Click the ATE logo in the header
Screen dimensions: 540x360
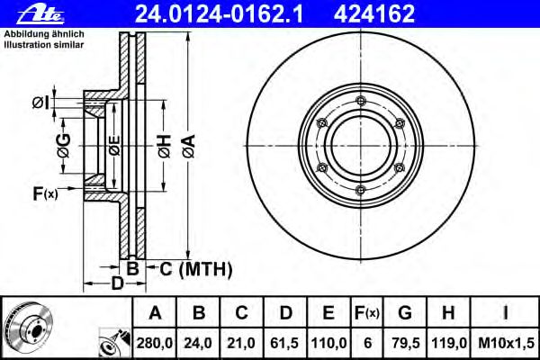[x=40, y=14]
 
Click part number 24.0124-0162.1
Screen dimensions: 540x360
[x=219, y=13]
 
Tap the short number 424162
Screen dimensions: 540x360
[x=374, y=13]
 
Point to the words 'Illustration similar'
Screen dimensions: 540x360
[x=44, y=45]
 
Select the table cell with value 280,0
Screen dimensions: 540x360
[x=155, y=343]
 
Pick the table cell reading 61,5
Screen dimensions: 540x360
[x=284, y=343]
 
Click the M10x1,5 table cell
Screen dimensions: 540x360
[x=506, y=343]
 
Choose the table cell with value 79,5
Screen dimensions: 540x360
[x=406, y=343]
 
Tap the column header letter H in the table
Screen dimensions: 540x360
[x=448, y=313]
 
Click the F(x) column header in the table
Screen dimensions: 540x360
[x=367, y=313]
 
